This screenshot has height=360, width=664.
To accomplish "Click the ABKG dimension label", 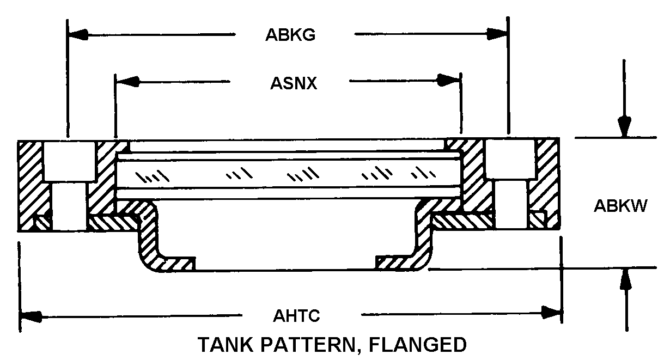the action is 290,35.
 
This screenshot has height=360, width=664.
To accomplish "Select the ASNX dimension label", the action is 294,83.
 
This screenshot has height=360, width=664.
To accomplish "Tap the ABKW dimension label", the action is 620,206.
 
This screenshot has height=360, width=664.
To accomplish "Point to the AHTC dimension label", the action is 296,315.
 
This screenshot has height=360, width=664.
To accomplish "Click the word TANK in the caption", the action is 226,344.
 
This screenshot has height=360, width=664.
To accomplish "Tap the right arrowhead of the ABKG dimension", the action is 497,34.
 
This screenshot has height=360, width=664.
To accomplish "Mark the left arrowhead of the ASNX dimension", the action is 127,81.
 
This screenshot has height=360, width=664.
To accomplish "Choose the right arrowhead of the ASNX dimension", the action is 449,80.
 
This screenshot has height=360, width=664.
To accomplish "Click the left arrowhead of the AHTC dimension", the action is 31,316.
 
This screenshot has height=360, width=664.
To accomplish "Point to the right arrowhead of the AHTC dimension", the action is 551,313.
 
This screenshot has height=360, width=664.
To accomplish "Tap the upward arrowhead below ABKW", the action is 626,278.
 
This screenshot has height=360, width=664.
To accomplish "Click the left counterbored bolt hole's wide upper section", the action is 70,161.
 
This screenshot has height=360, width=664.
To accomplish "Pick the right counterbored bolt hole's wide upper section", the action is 510,159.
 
